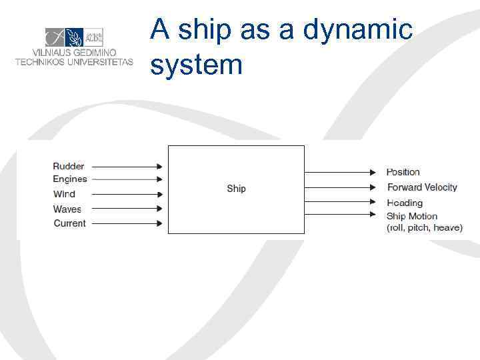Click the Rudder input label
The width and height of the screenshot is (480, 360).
click(x=69, y=166)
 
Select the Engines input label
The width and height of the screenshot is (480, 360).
click(x=70, y=179)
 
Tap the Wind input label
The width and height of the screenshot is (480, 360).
click(x=65, y=194)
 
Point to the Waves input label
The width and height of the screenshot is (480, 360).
click(x=67, y=209)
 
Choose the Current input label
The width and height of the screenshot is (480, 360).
click(x=70, y=223)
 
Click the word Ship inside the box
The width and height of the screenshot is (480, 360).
click(x=236, y=189)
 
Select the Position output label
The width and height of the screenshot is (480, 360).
click(x=403, y=172)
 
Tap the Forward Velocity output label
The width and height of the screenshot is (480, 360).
click(x=422, y=187)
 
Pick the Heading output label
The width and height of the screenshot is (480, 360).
click(x=405, y=203)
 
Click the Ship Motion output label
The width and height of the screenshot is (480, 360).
click(x=412, y=216)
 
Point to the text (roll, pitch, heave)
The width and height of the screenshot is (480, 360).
click(x=424, y=227)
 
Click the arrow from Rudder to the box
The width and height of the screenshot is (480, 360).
click(x=126, y=167)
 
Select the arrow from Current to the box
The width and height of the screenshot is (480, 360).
click(x=126, y=223)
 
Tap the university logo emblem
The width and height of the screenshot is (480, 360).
click(x=74, y=37)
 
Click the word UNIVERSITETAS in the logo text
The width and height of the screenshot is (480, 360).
click(x=98, y=62)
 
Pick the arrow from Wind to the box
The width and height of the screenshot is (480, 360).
click(x=126, y=195)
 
